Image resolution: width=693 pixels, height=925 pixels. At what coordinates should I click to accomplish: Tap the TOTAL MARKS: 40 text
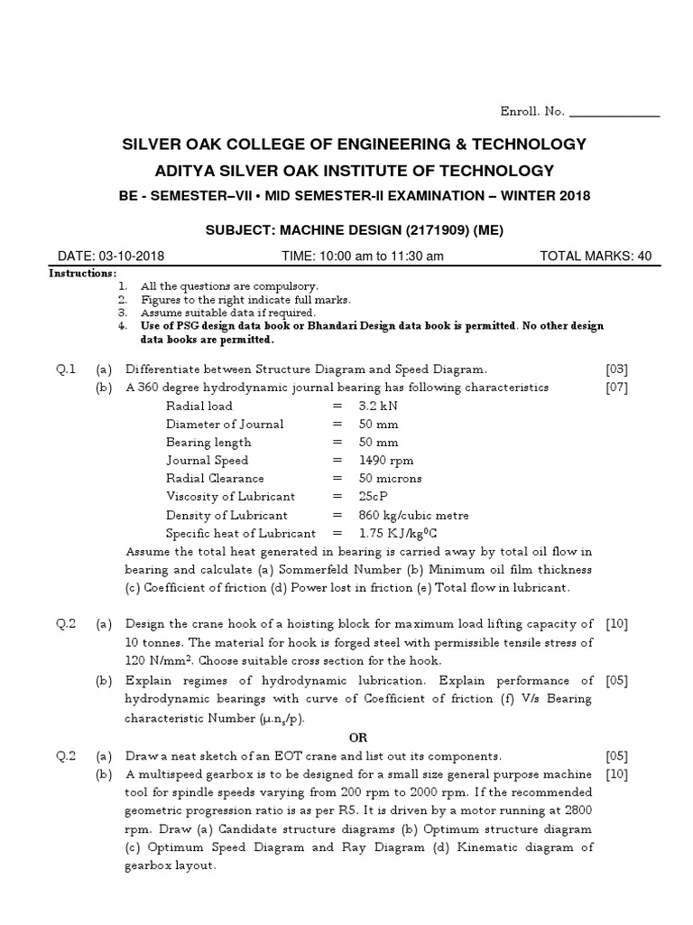click(595, 256)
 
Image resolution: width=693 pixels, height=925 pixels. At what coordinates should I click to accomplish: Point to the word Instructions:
click(82, 273)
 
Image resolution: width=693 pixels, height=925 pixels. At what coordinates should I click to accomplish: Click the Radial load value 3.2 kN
click(379, 406)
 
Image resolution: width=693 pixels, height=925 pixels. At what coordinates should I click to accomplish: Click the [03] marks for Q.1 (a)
click(616, 369)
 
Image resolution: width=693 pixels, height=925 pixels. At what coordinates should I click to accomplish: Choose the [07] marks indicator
click(616, 388)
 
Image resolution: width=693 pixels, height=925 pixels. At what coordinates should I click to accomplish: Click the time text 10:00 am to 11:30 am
click(363, 256)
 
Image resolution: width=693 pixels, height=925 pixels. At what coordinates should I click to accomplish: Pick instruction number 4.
click(122, 325)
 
